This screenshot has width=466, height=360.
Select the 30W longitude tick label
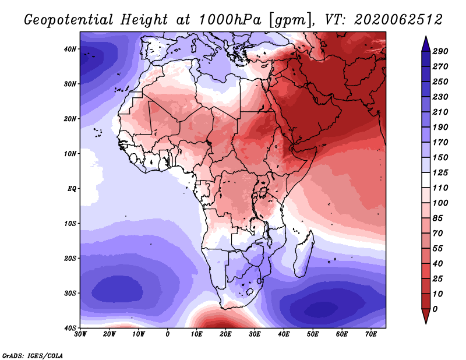click(80, 334)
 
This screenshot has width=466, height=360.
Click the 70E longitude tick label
click(371, 334)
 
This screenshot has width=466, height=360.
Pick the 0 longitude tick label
click(168, 334)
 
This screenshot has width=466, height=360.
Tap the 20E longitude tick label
click(225, 334)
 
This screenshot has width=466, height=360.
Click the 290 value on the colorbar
click(440, 52)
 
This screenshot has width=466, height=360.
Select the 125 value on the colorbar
click(440, 172)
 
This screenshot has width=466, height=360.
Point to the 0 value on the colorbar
click(435, 308)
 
